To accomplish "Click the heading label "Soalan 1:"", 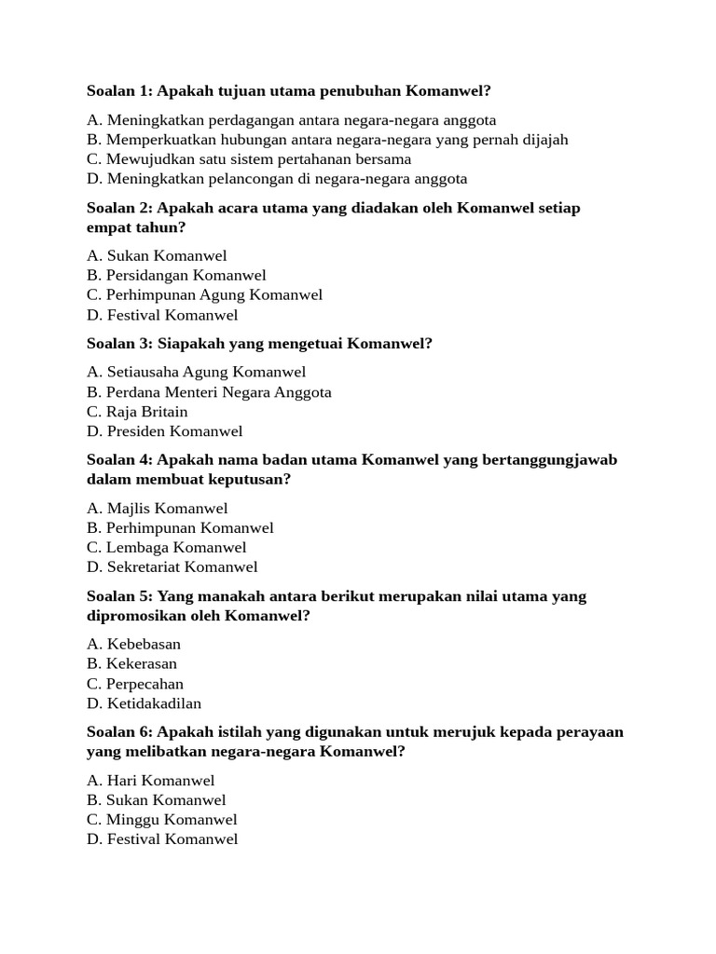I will pyautogui.click(x=120, y=91).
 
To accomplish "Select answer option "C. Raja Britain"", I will pyautogui.click(x=137, y=412).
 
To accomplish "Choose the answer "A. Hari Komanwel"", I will pyautogui.click(x=150, y=781).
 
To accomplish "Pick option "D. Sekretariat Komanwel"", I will pyautogui.click(x=172, y=567).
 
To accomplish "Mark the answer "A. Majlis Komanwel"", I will pyautogui.click(x=157, y=509).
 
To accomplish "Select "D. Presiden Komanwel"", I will pyautogui.click(x=164, y=431).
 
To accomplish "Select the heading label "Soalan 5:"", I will pyautogui.click(x=120, y=596).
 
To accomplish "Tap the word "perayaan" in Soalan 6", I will pyautogui.click(x=591, y=732).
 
